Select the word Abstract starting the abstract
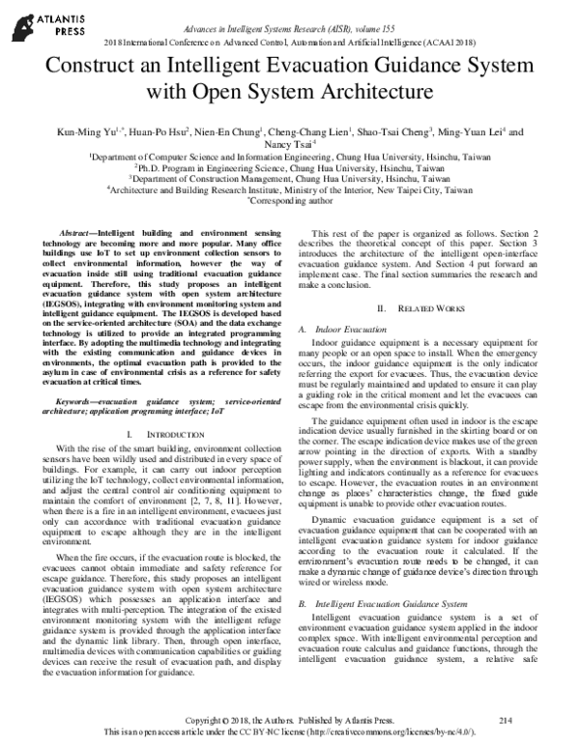(x=84, y=235)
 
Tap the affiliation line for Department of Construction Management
(x=290, y=178)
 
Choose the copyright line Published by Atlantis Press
(x=290, y=721)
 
